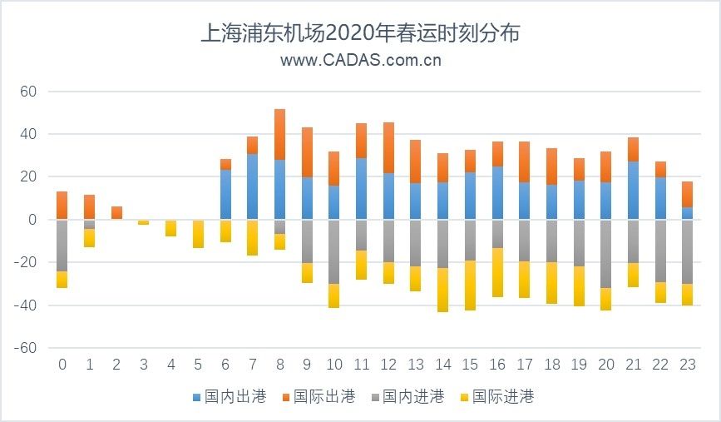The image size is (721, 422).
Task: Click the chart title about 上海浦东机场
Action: click(360, 33)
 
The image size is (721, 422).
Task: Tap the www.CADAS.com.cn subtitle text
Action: click(360, 60)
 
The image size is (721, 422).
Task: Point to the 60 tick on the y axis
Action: click(29, 91)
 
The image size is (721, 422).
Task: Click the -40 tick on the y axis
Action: click(27, 305)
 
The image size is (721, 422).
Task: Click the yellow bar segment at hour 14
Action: click(443, 290)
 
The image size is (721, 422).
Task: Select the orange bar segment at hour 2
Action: click(116, 212)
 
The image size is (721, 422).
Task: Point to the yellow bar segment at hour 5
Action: click(198, 233)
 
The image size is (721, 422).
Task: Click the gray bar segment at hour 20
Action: click(605, 254)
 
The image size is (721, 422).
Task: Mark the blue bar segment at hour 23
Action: click(687, 213)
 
